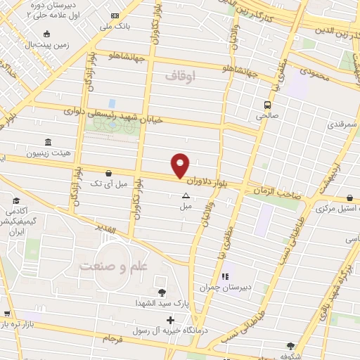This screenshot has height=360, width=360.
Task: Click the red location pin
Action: [181, 165]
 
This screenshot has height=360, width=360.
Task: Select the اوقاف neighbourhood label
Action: [181, 74]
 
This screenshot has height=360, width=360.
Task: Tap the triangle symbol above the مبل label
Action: [186, 196]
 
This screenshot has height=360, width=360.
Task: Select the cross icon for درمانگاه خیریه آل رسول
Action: [171, 320]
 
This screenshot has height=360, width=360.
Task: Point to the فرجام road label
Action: [112, 339]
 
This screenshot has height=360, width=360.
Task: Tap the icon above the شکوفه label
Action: [290, 345]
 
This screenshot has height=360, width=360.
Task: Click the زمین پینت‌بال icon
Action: [46, 33]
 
